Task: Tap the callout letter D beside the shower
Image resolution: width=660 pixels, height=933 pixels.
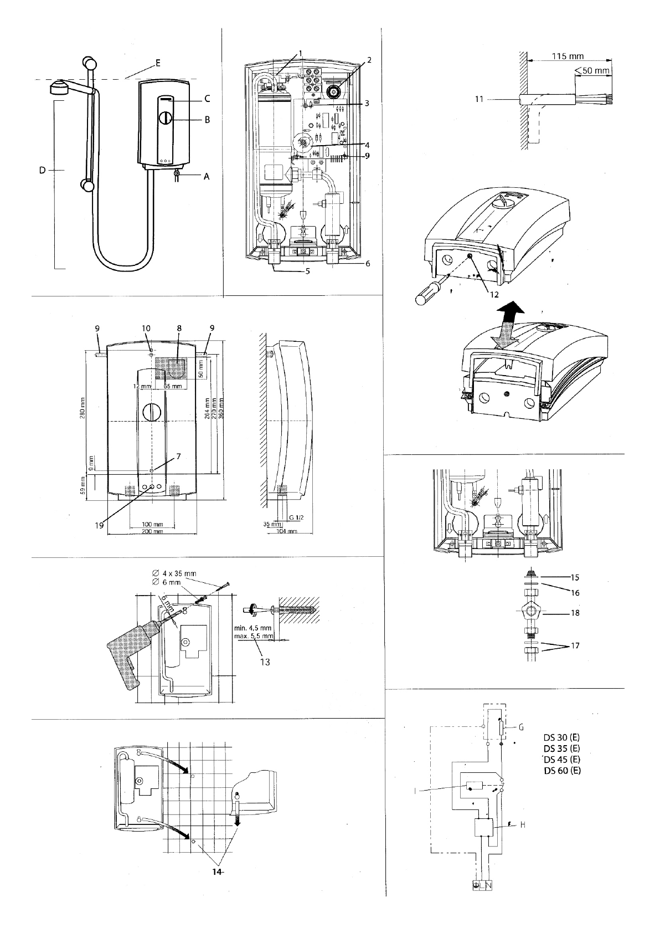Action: coord(42,171)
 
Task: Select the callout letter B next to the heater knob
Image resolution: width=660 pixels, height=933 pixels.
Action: coord(206,119)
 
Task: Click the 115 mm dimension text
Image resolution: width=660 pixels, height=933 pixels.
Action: coord(568,57)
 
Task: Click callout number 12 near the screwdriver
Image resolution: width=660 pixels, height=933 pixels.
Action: coord(494,294)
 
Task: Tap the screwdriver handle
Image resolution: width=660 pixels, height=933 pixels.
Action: coord(426,298)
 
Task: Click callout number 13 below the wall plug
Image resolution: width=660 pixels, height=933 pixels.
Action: coord(265,662)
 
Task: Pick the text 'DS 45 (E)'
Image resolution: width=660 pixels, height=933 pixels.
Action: coord(561,759)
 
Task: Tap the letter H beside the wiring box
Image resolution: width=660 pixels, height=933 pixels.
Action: coord(522,825)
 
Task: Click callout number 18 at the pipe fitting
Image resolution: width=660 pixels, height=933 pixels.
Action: coord(575,613)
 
